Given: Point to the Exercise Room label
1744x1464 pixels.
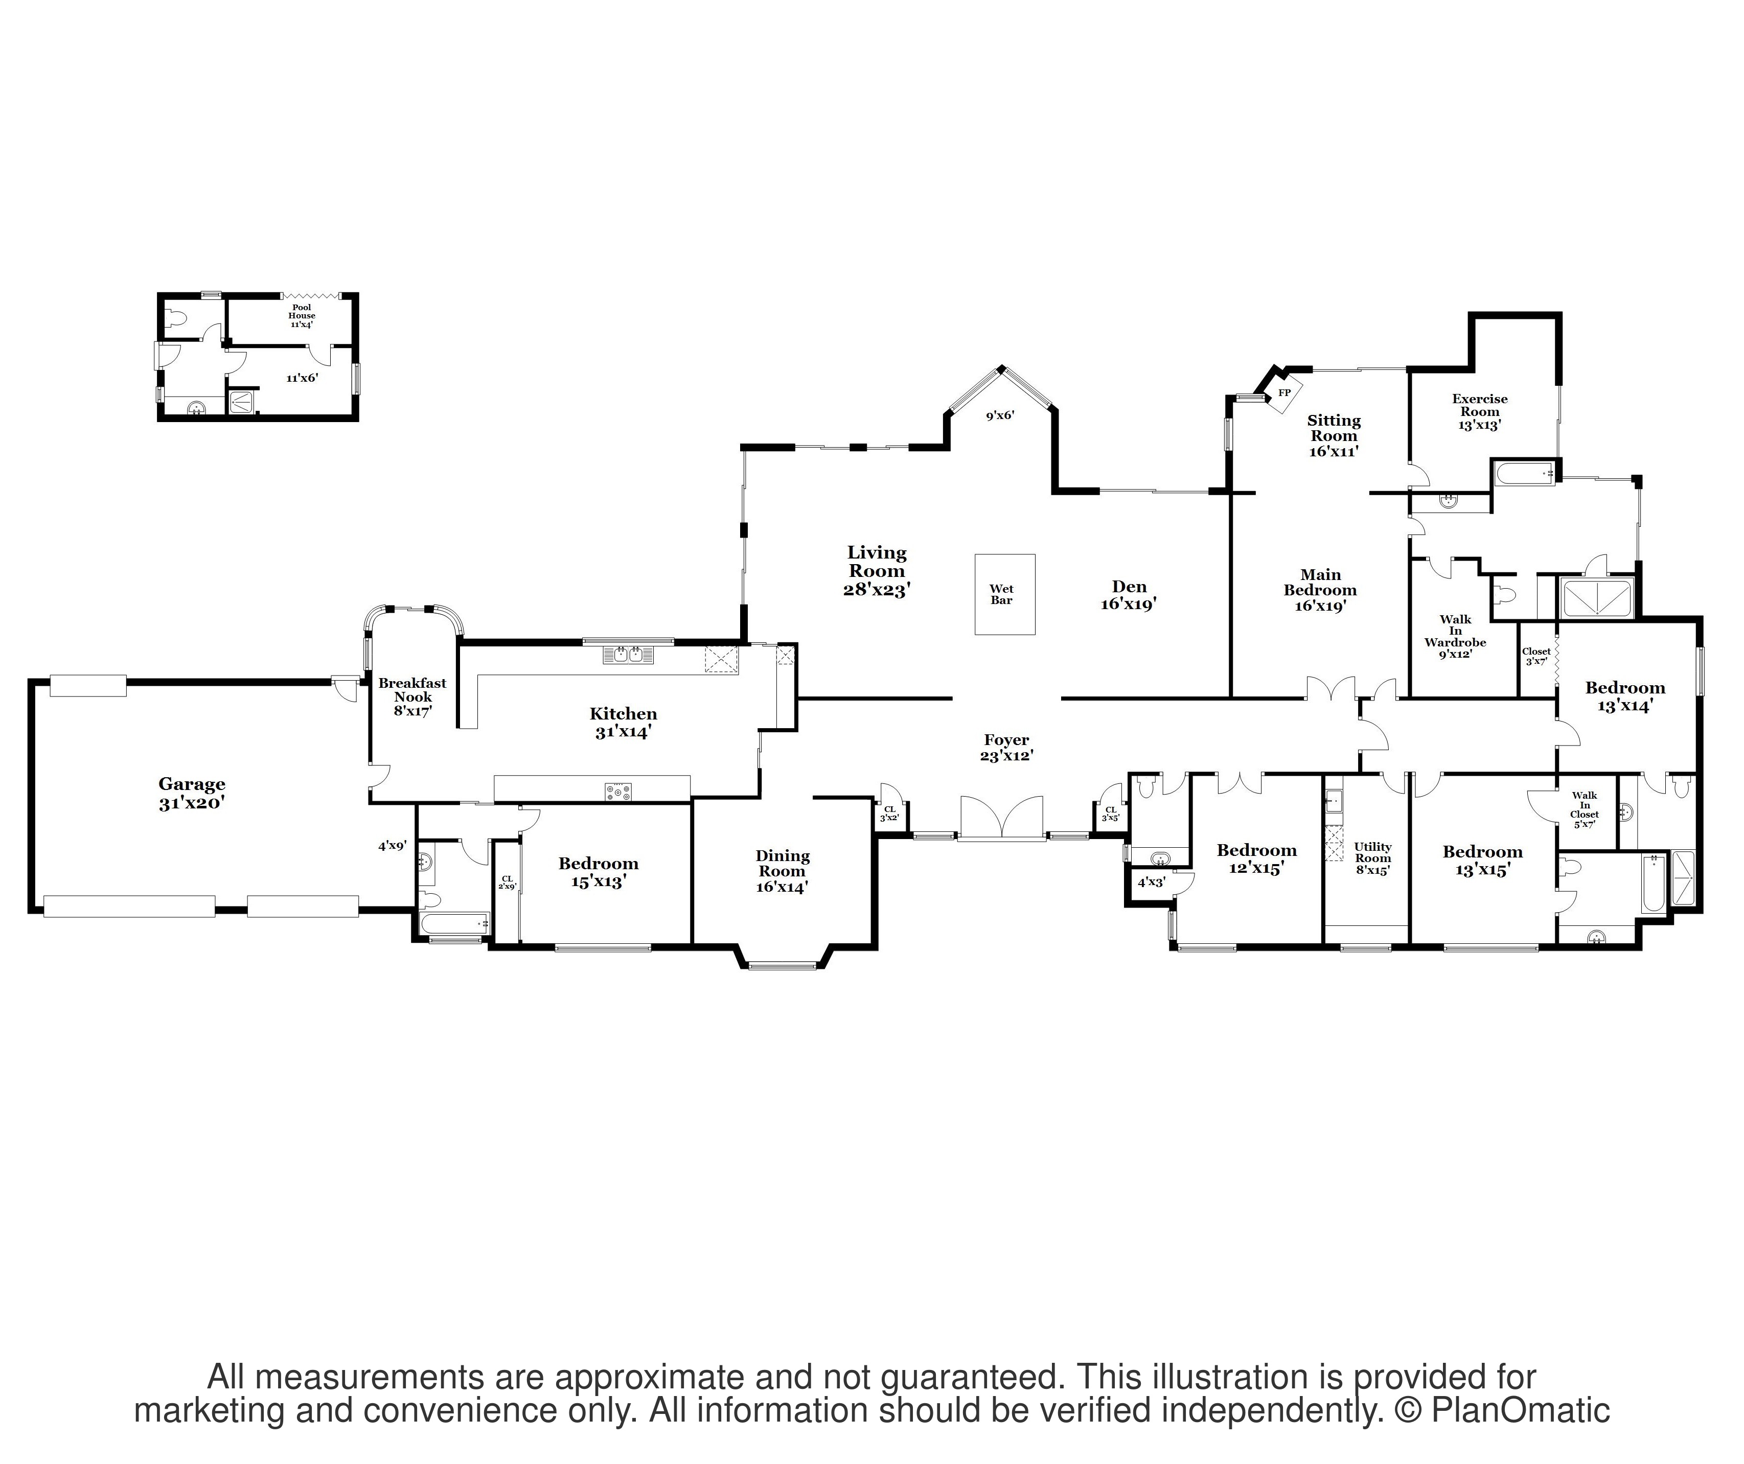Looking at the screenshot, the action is [1479, 411].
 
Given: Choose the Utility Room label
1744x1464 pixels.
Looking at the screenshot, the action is [1372, 858].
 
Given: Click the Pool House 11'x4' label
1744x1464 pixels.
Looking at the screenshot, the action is [302, 316].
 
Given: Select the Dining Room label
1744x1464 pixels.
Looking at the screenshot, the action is [783, 870].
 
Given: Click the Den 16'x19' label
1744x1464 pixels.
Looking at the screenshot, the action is [1129, 595].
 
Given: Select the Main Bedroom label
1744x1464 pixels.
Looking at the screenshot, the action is [1320, 590].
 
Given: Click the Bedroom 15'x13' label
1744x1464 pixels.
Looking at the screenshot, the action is [598, 872].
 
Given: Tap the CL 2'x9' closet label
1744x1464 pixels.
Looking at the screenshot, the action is [507, 882].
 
